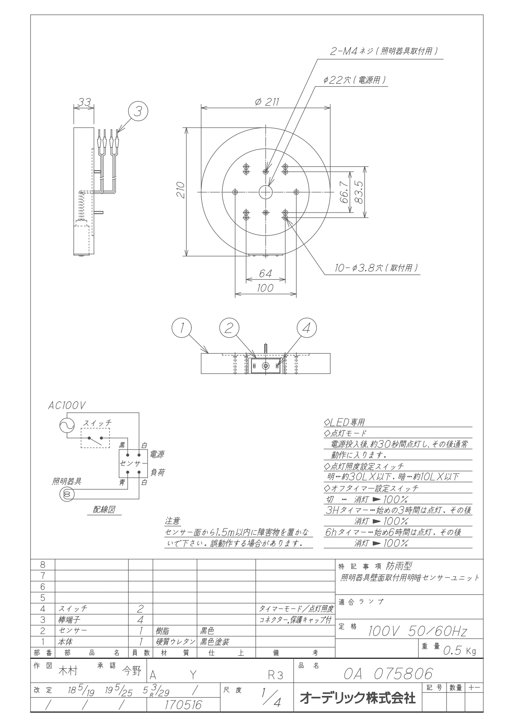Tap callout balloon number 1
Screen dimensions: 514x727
pos(181,328)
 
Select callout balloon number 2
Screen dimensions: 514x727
pos(229,328)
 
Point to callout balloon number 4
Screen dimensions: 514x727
pos(306,328)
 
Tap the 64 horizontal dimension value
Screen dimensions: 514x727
pos(265,274)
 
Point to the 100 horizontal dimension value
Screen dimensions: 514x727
pos(265,288)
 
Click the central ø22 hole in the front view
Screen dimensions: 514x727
pos(265,192)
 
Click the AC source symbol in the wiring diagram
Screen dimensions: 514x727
pos(67,425)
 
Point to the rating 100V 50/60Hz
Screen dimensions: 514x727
pos(417,632)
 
